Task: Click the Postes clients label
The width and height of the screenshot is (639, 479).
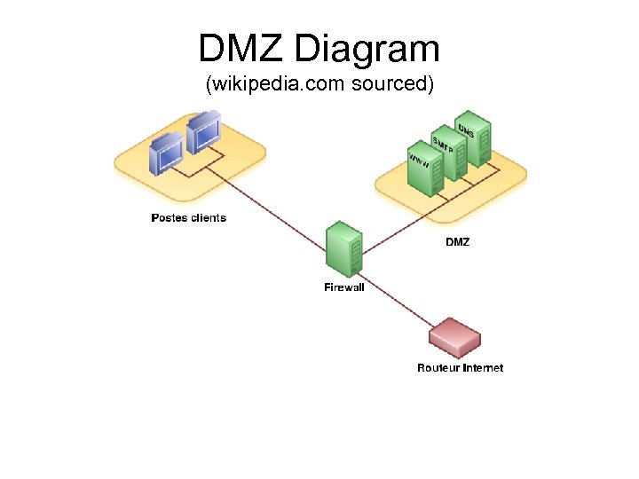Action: tap(188, 217)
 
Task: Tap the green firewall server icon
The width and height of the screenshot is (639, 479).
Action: tap(344, 250)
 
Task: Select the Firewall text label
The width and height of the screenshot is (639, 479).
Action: tap(343, 287)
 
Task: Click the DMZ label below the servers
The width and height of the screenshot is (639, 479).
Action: tap(457, 242)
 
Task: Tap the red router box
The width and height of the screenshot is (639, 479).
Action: tap(454, 338)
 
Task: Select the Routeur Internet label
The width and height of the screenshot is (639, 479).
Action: tap(460, 367)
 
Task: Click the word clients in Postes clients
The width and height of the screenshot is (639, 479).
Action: tap(207, 217)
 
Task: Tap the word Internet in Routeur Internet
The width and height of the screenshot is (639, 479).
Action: tap(482, 367)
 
